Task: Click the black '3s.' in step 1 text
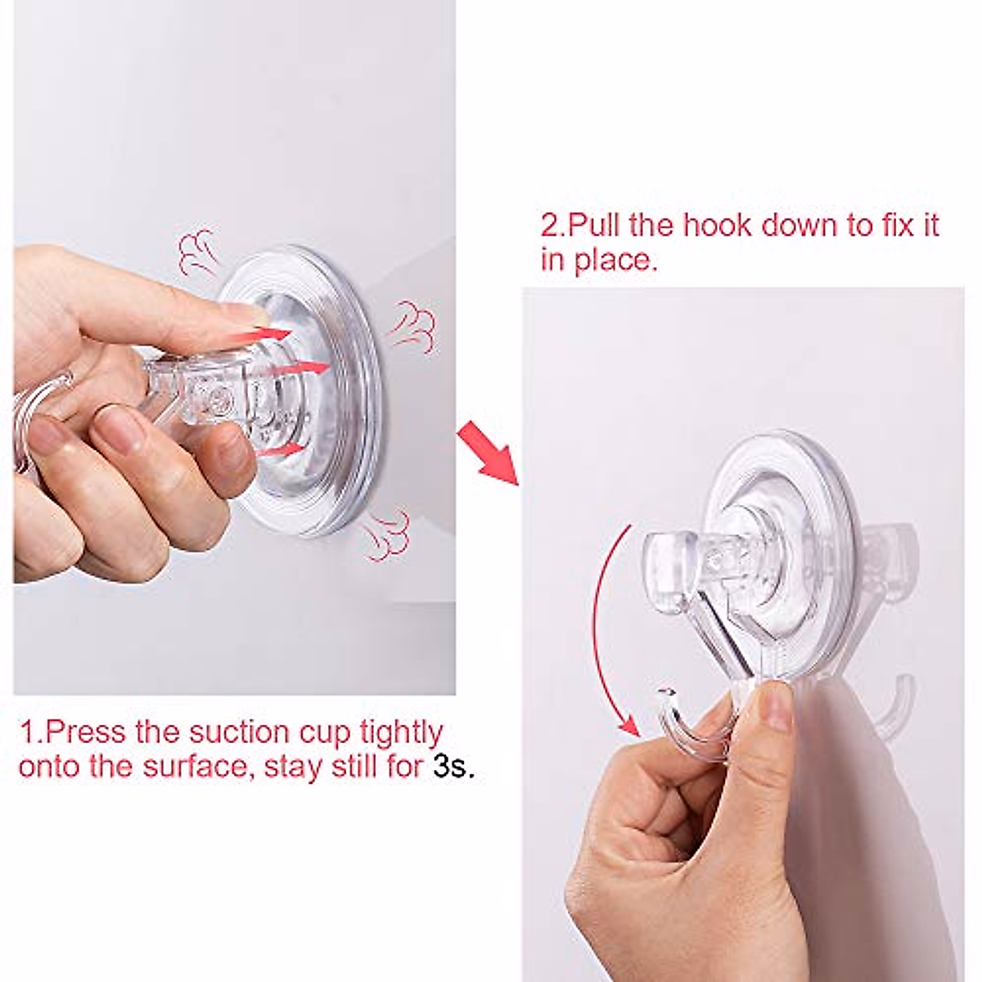click(x=453, y=768)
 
